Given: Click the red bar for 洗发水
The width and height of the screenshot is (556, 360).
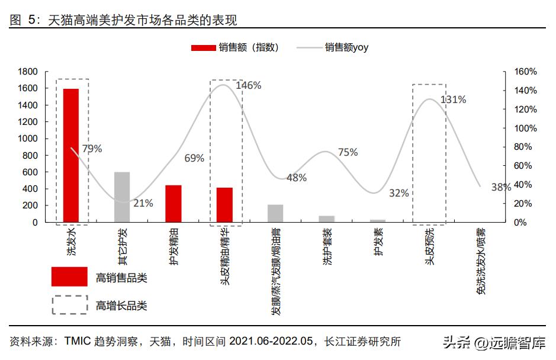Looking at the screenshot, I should click(x=71, y=155).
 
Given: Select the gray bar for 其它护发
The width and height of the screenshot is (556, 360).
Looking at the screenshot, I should click(x=122, y=197).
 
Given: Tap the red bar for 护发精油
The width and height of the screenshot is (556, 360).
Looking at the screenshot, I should click(x=173, y=203).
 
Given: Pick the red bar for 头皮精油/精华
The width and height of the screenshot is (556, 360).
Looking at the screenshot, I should click(x=224, y=204).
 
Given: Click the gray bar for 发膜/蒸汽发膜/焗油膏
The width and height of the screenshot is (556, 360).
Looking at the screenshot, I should click(x=275, y=213).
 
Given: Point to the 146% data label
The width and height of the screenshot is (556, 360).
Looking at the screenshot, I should click(x=248, y=85).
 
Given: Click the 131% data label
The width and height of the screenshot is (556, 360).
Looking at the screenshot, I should click(x=453, y=99).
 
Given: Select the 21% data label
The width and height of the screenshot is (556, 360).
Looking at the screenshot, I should click(x=143, y=203).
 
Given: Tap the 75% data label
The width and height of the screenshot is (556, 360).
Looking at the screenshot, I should click(x=348, y=152).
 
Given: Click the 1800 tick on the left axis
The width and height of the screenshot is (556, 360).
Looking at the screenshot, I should click(x=28, y=72).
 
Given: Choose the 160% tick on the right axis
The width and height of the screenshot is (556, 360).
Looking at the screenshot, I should click(x=525, y=72).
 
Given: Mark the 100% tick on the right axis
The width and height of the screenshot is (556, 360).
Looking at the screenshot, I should click(x=525, y=128).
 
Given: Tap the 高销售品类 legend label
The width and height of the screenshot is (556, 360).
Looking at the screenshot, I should click(x=121, y=277).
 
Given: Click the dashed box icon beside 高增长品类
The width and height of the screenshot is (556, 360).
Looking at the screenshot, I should click(x=70, y=305).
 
